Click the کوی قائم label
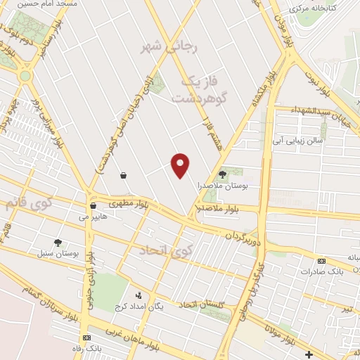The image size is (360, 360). [28, 205]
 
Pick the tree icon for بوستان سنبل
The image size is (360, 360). [67, 242]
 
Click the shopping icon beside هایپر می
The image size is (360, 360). [93, 206]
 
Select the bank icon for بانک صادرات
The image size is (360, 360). [322, 261]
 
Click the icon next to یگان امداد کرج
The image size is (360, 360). [139, 295]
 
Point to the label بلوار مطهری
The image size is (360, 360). [126, 203]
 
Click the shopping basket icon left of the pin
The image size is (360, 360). [124, 174]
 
